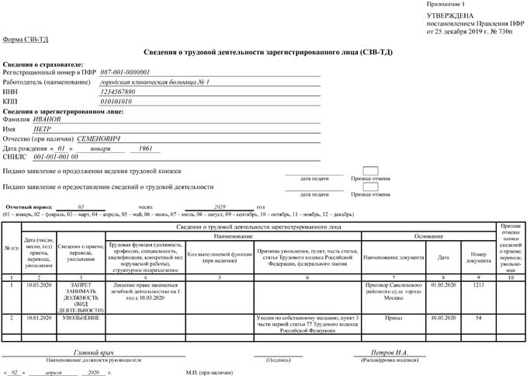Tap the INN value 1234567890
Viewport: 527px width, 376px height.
(123, 92)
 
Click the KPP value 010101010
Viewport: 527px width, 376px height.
(116, 101)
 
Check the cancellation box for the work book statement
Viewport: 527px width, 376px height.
(370, 171)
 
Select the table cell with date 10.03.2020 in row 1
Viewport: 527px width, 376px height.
(37, 285)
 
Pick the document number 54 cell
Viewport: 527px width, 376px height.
(479, 318)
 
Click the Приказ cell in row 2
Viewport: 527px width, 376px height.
(393, 318)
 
